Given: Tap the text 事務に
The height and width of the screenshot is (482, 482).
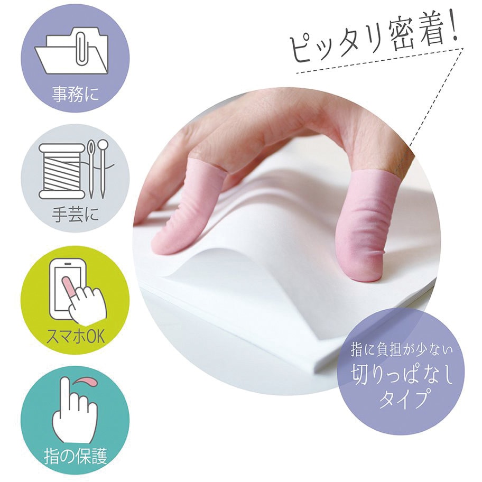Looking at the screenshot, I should (76, 96).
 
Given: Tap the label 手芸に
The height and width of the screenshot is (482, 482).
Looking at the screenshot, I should (76, 216).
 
